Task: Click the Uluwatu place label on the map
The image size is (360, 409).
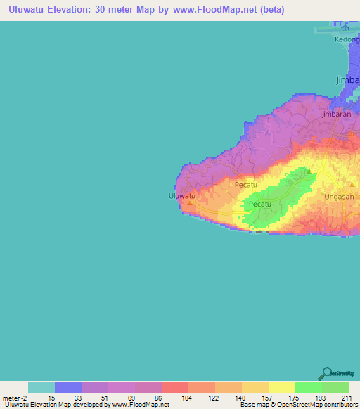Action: click(181, 196)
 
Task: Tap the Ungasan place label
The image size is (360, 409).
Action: click(338, 197)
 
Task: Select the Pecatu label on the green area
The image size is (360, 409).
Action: click(260, 204)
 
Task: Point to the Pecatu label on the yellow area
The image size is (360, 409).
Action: click(246, 184)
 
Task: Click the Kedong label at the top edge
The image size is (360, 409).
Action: click(347, 39)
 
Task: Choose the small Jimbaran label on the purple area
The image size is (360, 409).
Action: click(335, 113)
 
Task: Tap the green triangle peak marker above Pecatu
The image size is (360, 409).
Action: click(307, 171)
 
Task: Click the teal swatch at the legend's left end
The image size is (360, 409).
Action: click(41, 387)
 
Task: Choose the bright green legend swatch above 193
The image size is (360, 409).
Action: click(308, 387)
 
